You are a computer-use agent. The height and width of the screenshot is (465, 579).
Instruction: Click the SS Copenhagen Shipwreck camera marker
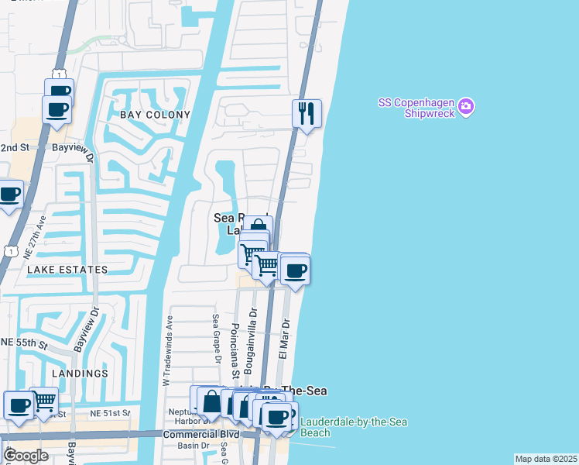click(465, 106)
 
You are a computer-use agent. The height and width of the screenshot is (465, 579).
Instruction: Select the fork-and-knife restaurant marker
click(307, 114)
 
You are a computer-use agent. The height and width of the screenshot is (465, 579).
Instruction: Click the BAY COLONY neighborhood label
click(155, 115)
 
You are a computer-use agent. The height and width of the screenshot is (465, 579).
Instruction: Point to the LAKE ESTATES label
click(67, 270)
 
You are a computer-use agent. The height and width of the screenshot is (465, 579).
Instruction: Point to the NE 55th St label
click(25, 342)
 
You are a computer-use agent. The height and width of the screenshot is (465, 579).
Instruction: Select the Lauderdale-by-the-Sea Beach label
click(353, 428)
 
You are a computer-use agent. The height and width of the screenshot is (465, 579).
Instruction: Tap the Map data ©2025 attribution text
click(546, 459)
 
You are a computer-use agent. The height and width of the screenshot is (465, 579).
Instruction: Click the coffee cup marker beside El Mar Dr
click(295, 271)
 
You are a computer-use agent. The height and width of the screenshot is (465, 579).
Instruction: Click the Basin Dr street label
click(189, 446)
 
